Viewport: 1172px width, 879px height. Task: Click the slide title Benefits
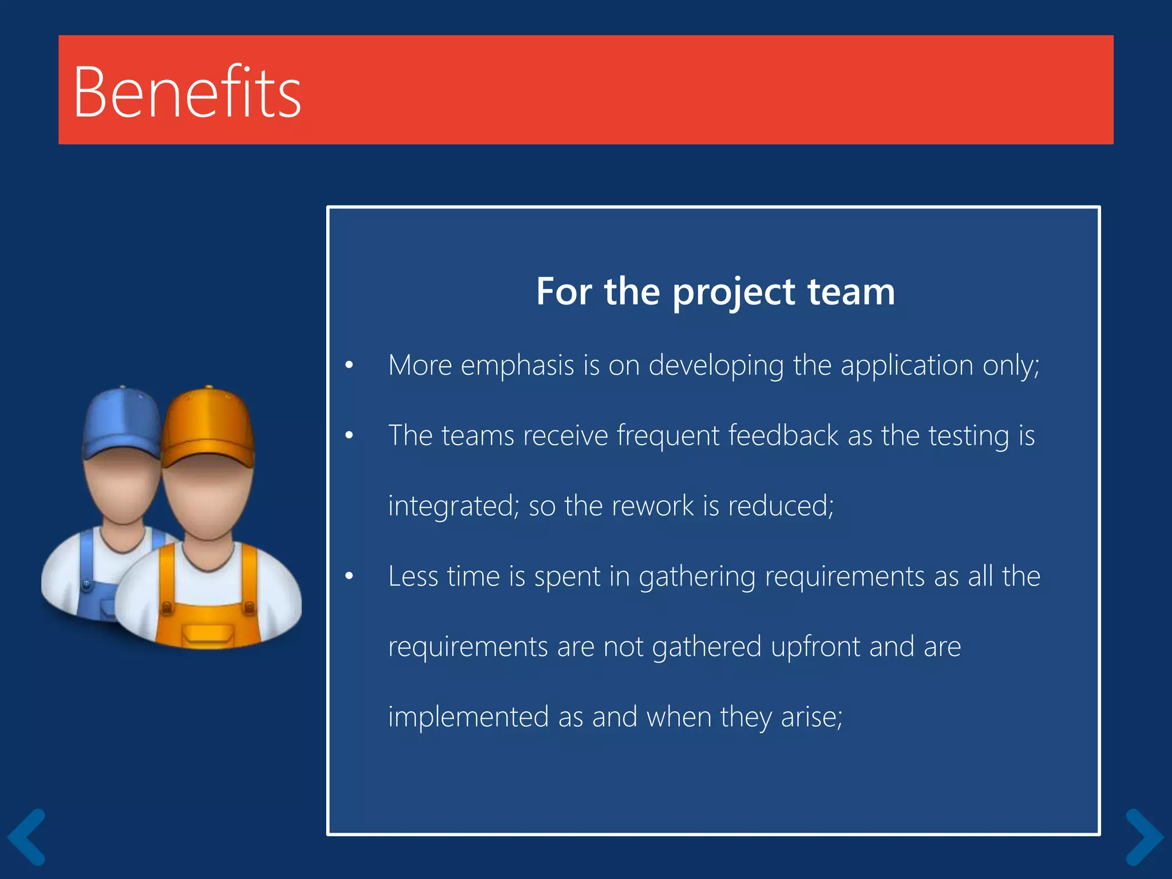[x=187, y=92]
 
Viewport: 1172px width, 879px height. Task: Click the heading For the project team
[x=715, y=291]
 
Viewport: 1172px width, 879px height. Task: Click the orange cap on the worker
[x=208, y=426]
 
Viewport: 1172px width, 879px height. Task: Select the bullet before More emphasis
[x=349, y=365]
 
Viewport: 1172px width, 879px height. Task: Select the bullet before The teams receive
[x=349, y=435]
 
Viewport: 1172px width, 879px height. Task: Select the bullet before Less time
[x=349, y=576]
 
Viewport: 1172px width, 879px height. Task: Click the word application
[x=906, y=365]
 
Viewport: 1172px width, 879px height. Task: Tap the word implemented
[x=468, y=717]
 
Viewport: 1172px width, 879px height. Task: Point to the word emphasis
[x=517, y=365]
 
